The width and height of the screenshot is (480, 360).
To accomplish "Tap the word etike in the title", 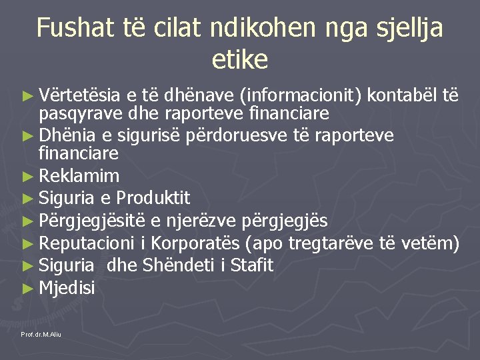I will point(240,60).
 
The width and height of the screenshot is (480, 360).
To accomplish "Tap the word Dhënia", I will point(67,135).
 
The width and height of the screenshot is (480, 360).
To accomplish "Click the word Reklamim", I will point(79,177).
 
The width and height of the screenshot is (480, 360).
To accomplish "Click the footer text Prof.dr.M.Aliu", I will point(41,333).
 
